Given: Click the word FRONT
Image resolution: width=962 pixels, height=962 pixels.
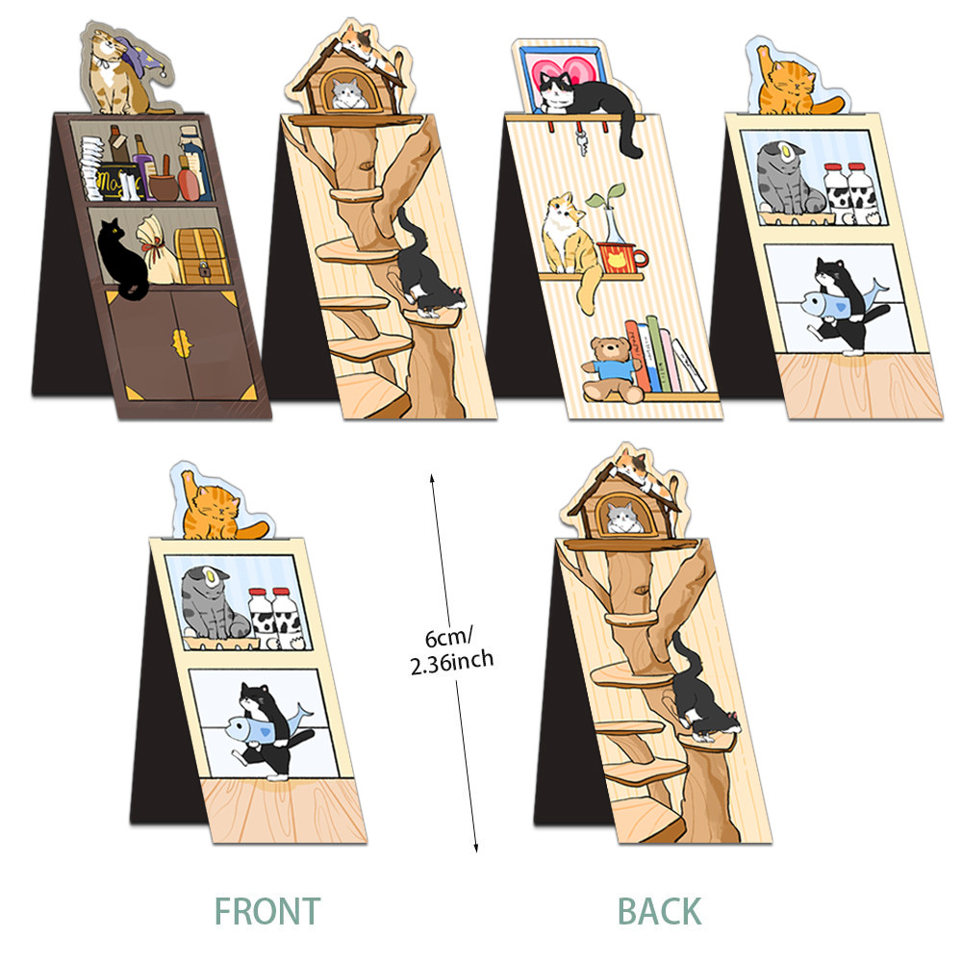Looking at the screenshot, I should (x=266, y=909).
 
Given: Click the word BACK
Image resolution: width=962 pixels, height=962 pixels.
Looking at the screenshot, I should (x=659, y=909).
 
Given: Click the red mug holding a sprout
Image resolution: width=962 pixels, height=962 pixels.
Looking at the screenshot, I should (x=622, y=257).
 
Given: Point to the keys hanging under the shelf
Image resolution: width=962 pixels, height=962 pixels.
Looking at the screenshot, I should (x=584, y=141).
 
